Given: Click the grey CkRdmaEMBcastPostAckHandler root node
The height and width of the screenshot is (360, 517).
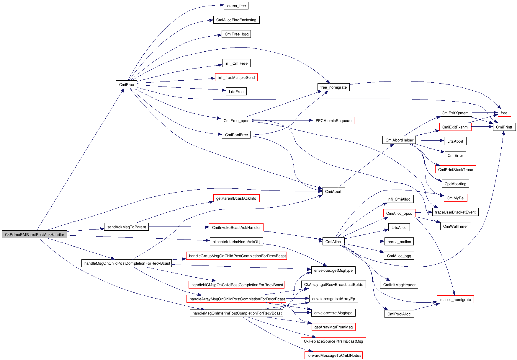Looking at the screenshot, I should (x=35, y=235).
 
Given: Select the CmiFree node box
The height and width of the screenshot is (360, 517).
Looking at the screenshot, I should (x=126, y=84).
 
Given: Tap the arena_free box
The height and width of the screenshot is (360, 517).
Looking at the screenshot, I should (x=236, y=6).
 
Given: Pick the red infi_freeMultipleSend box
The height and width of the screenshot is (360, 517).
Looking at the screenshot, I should (x=236, y=77).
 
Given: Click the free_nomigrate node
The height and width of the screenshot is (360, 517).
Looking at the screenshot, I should (x=333, y=87).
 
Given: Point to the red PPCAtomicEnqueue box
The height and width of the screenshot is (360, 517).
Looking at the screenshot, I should (x=333, y=120).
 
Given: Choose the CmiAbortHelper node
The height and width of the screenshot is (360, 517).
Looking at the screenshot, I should (x=399, y=140).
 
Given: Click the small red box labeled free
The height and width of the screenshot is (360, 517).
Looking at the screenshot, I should (x=504, y=113).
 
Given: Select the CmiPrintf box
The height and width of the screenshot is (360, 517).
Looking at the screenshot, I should (x=504, y=127).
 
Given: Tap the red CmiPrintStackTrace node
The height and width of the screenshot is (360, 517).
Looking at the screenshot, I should (x=455, y=170).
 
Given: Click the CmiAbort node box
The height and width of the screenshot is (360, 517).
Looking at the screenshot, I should (x=333, y=191).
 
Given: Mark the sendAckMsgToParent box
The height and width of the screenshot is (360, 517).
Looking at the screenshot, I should (x=126, y=227).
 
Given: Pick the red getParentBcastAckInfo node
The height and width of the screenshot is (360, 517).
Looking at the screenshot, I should (x=236, y=198).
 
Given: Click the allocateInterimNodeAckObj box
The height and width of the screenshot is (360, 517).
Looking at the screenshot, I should (x=236, y=242).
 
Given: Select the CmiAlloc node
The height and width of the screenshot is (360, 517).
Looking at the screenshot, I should (x=333, y=242).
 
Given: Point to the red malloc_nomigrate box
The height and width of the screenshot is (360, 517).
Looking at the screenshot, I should (x=455, y=299).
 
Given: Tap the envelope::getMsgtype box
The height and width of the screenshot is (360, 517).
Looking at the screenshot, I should (x=333, y=270).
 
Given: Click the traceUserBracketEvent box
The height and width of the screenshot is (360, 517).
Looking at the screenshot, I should (x=455, y=212).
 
